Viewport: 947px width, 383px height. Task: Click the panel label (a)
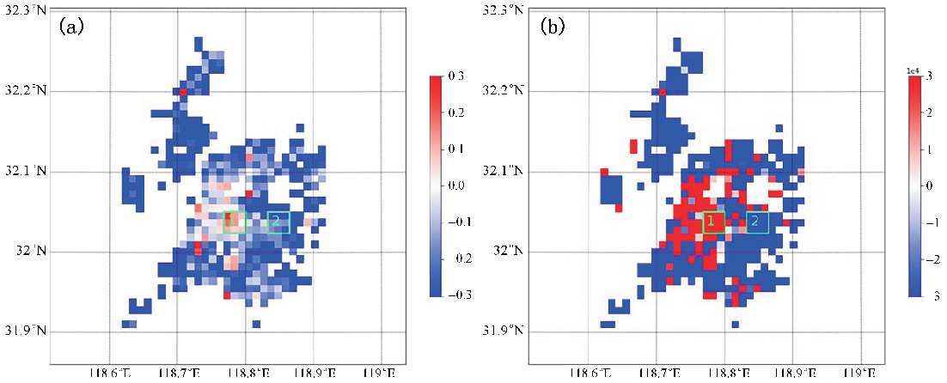[70, 27]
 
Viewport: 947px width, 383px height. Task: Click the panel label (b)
[550, 27]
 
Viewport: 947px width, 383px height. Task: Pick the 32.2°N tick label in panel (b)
[505, 91]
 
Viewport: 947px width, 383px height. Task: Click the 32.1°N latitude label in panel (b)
[505, 171]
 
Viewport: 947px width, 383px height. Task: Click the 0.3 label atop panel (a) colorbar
[455, 76]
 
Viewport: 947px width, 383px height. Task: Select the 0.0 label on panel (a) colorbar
[455, 185]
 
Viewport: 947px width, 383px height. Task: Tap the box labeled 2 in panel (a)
[278, 222]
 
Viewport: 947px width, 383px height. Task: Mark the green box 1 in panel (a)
[234, 222]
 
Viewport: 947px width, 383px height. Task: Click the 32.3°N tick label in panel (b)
[505, 10]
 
